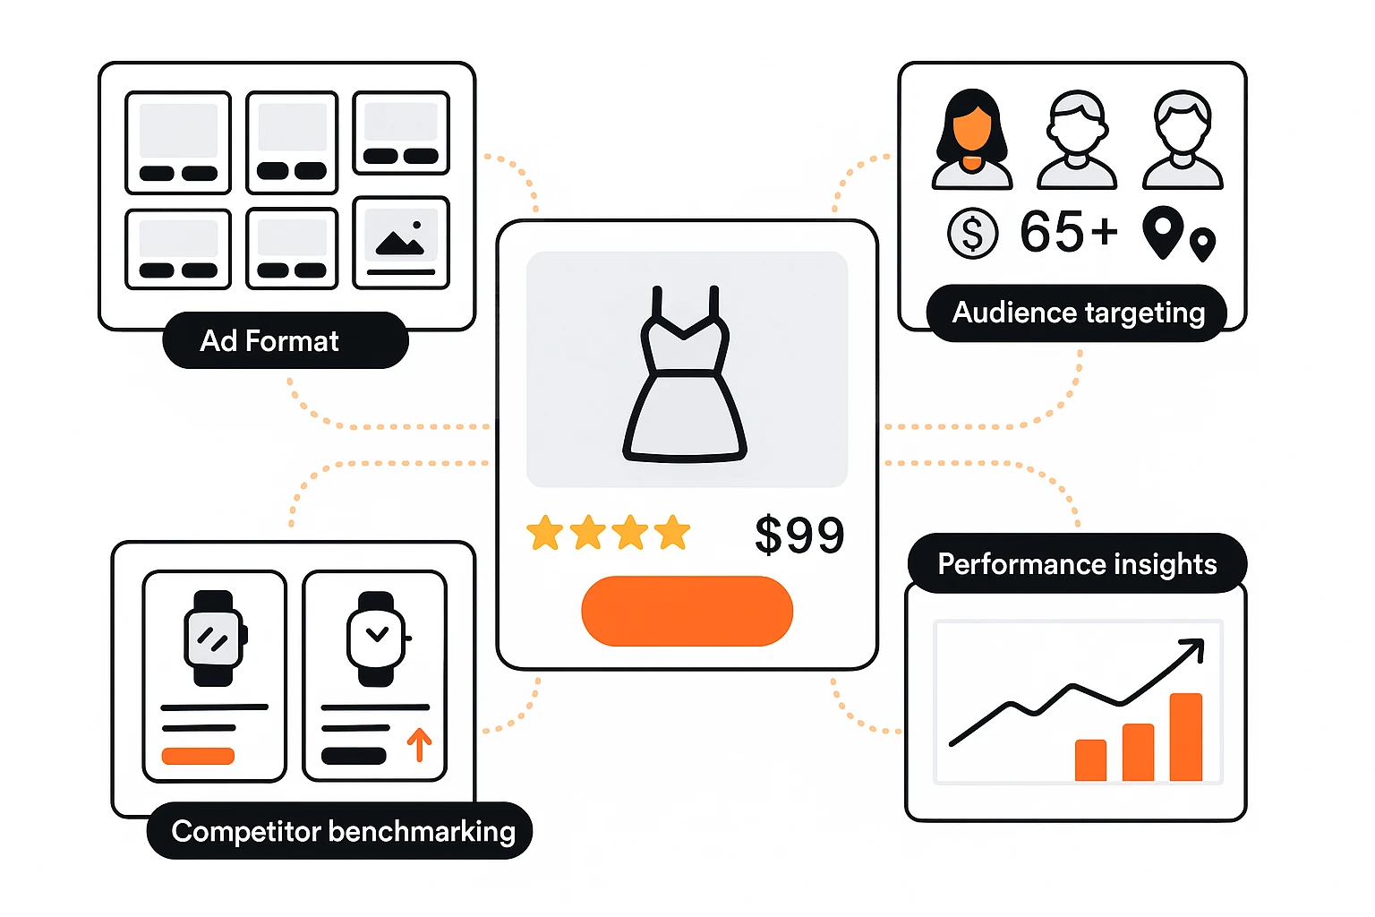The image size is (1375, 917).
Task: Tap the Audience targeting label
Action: [1077, 313]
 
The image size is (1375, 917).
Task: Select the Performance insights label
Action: [1076, 564]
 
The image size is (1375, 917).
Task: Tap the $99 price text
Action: [799, 535]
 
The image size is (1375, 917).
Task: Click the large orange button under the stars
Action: [687, 611]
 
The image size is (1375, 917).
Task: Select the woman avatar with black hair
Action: [971, 140]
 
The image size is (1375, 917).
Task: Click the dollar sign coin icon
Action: [972, 233]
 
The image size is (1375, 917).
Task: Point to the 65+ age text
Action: [1069, 232]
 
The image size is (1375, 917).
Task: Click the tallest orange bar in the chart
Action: [1185, 736]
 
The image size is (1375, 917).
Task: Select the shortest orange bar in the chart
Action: [1090, 759]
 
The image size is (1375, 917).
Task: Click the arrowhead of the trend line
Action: [1195, 647]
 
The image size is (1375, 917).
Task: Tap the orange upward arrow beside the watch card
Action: [419, 743]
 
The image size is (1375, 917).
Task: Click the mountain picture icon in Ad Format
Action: [400, 239]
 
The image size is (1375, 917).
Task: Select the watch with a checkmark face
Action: [377, 638]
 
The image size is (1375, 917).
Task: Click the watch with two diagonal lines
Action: [214, 638]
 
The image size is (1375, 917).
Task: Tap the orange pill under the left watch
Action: [198, 756]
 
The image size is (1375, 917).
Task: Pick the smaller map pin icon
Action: [1202, 242]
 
